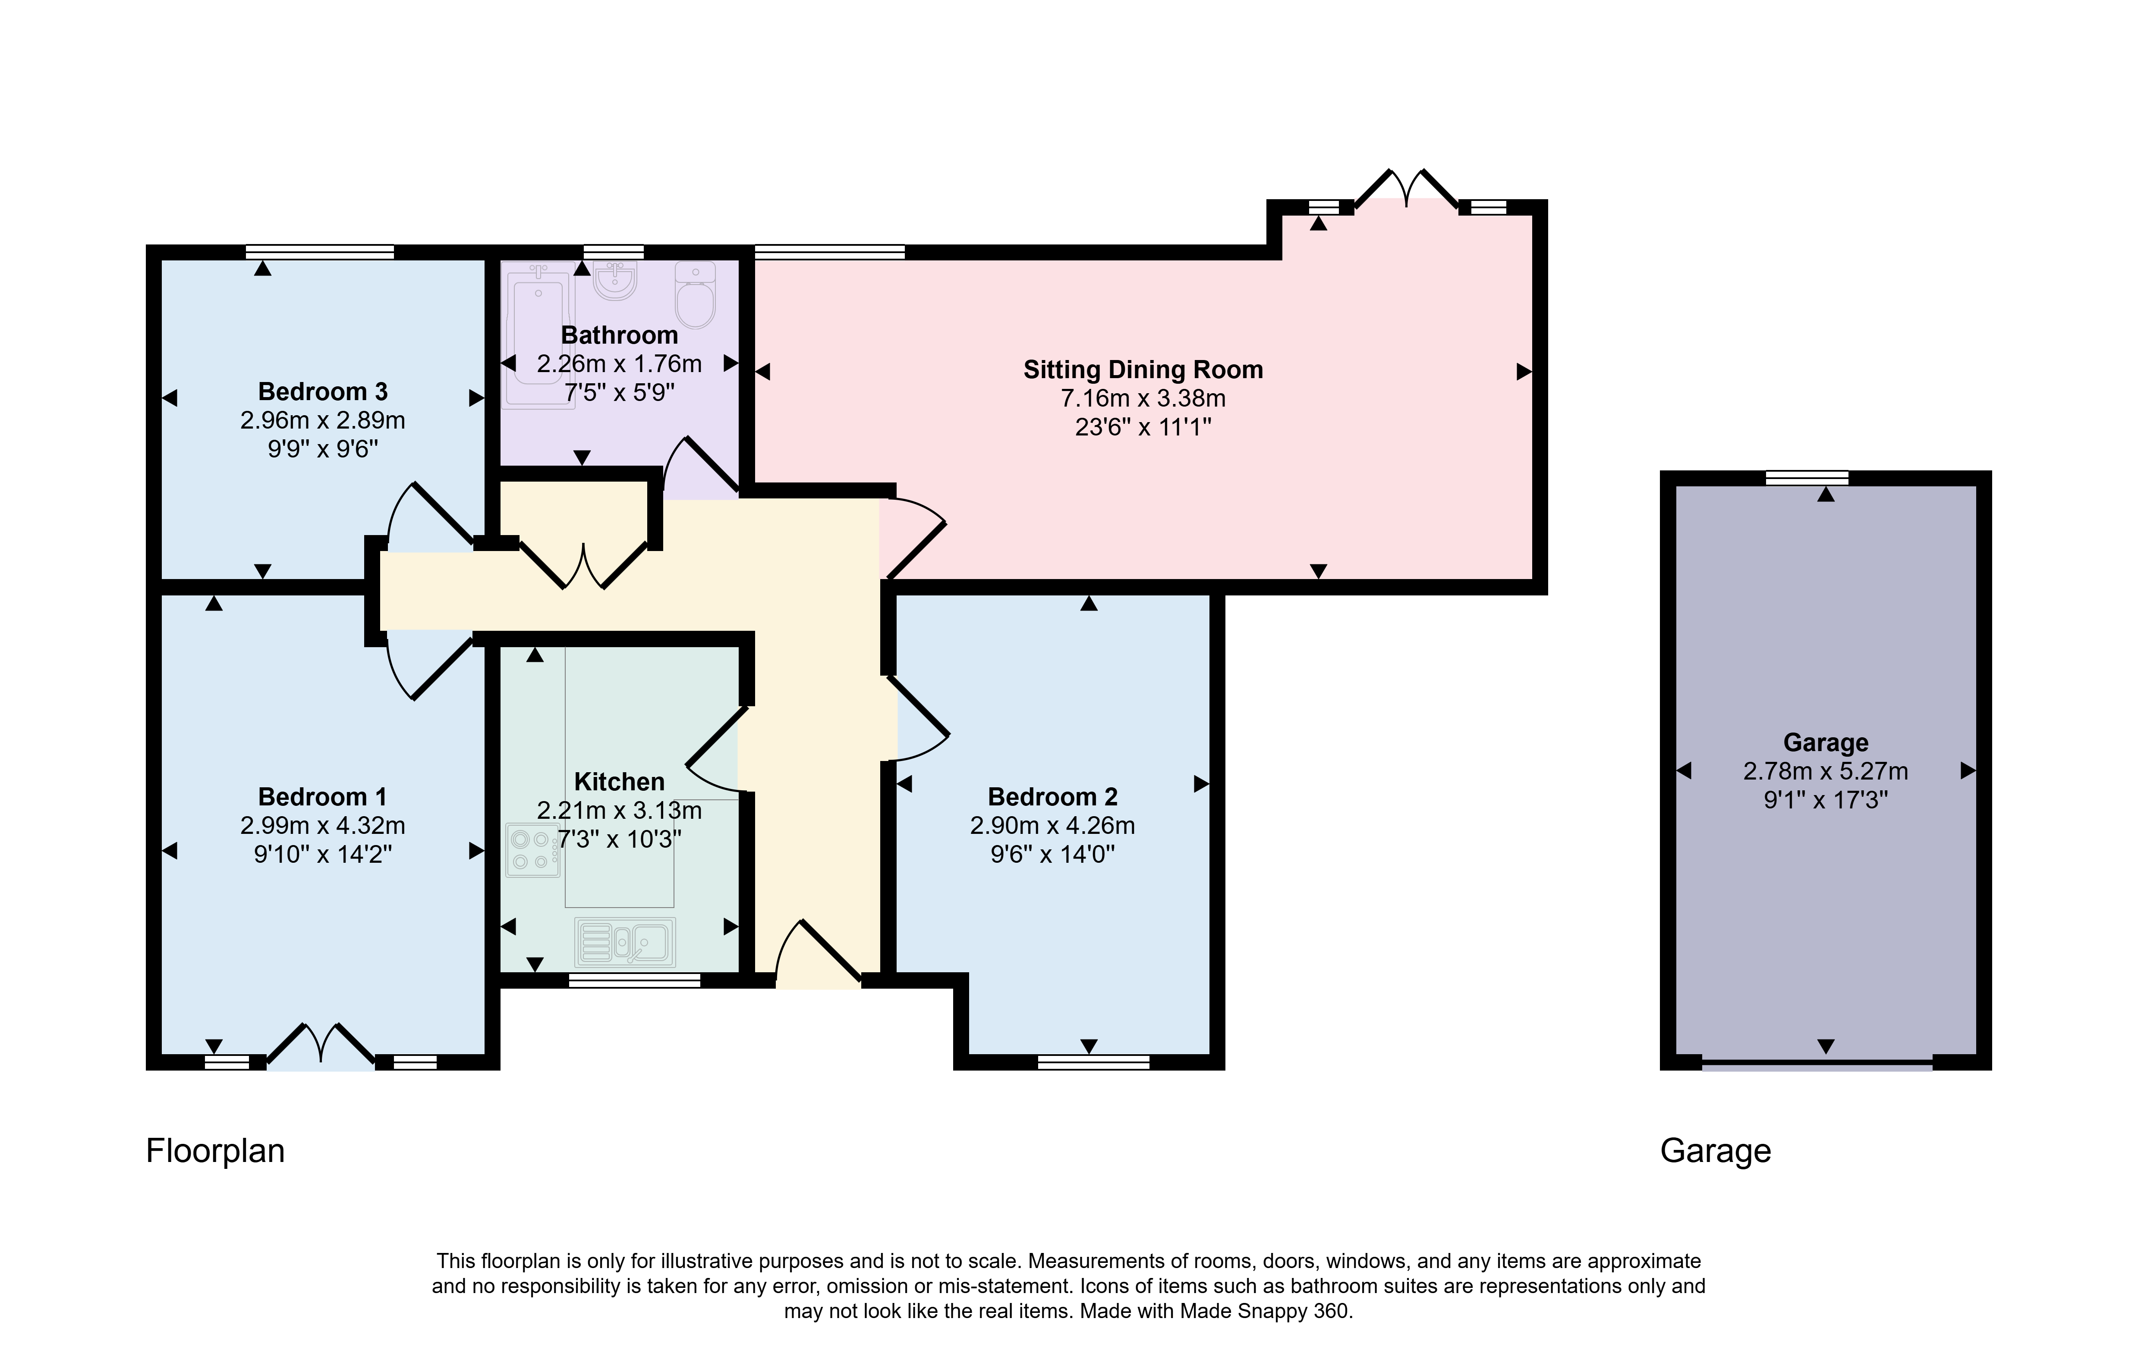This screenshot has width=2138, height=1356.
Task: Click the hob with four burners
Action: (533, 850)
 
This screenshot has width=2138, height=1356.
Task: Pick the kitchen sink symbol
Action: (625, 942)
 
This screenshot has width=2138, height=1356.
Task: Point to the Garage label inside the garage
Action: (1826, 743)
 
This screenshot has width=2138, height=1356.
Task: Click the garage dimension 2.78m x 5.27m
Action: (1826, 771)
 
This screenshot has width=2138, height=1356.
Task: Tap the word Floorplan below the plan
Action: (215, 1151)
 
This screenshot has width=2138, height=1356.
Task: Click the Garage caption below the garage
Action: (1716, 1151)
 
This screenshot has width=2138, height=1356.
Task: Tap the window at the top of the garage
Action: (1807, 478)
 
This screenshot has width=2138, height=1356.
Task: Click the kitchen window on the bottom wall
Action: (634, 980)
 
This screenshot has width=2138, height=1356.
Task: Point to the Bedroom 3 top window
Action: (320, 252)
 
